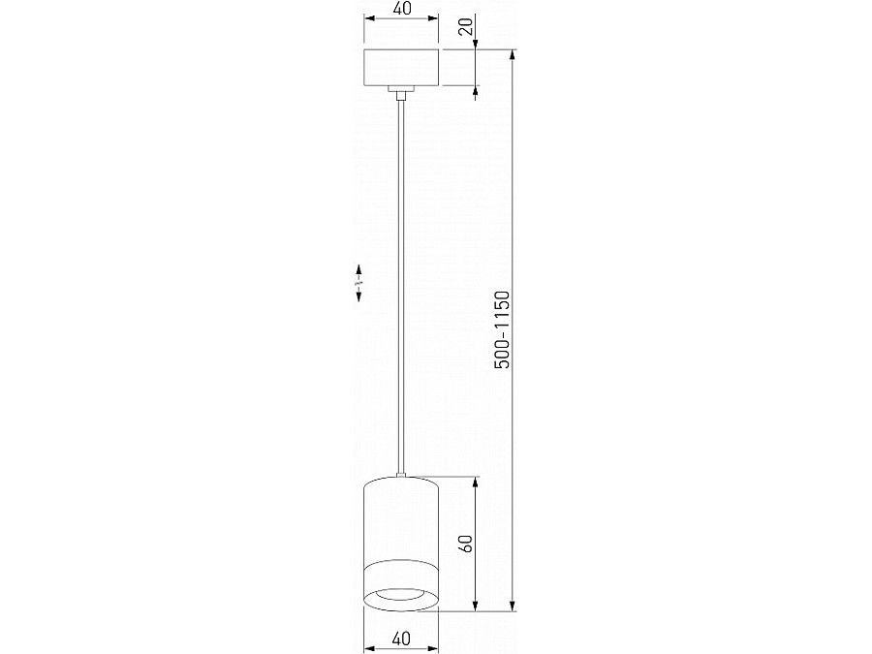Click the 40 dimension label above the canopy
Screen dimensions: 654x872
(x=400, y=9)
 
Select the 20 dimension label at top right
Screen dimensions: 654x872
(x=467, y=26)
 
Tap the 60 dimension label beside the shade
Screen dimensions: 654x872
(x=466, y=544)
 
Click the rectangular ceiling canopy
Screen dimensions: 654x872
(x=400, y=68)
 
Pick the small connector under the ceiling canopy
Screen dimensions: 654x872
(x=400, y=93)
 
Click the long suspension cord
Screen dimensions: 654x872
(x=400, y=291)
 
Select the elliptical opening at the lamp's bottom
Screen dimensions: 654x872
(x=401, y=596)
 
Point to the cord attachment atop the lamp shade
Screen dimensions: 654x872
(x=400, y=474)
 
